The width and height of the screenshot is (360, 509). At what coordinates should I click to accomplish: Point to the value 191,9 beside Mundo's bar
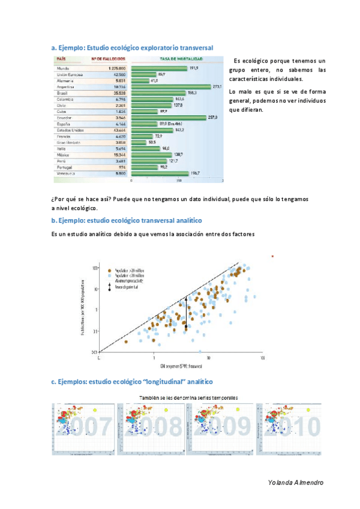194,68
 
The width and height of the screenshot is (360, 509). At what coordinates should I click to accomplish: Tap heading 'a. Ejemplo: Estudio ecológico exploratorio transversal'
132,47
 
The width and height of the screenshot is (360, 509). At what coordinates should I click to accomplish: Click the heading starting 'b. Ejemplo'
126,221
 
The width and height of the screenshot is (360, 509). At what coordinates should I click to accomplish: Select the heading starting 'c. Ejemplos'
131,382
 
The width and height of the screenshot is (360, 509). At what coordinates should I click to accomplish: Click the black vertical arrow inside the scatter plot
186,312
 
